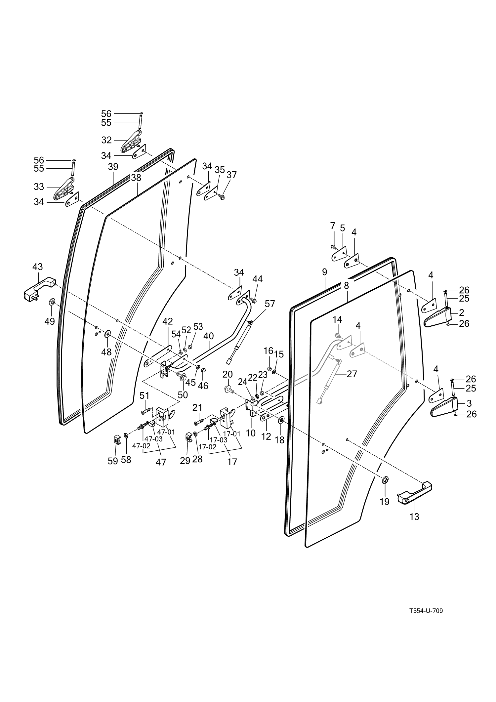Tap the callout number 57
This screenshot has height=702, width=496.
coord(270,304)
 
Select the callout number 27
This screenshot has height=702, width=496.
coord(352,374)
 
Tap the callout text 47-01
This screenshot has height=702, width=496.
coord(166,432)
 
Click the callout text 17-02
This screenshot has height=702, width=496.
coord(207,446)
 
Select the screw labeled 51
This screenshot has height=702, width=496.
coord(145,411)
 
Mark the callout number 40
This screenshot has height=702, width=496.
coord(208,336)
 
